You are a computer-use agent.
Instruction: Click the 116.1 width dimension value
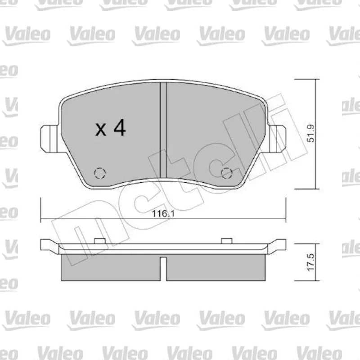pyautogui.click(x=163, y=214)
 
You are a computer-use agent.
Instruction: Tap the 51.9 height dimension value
pyautogui.click(x=310, y=133)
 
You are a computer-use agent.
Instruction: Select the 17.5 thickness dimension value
pyautogui.click(x=310, y=262)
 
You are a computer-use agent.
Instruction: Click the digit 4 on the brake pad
pyautogui.click(x=120, y=127)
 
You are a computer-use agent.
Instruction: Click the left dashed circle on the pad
pyautogui.click(x=100, y=173)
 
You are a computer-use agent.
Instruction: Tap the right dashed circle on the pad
pyautogui.click(x=227, y=173)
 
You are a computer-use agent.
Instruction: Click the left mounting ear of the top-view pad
pyautogui.click(x=49, y=139)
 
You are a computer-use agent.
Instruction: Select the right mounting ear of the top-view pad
pyautogui.click(x=277, y=139)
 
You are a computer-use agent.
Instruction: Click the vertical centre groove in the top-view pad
pyautogui.click(x=163, y=130)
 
